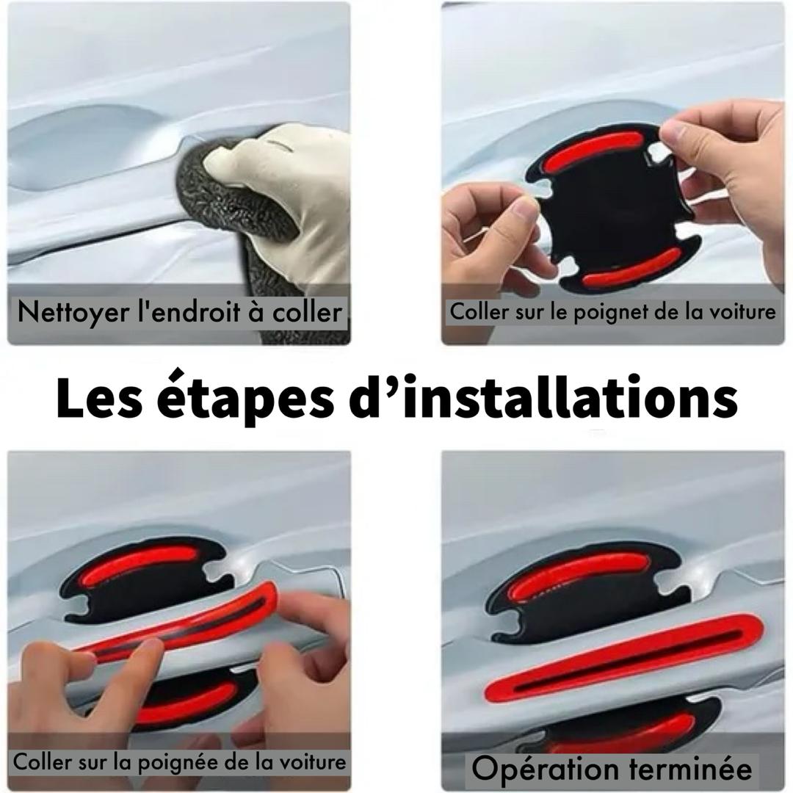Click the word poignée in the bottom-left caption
click(178, 763)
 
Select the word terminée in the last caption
click(689, 769)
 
